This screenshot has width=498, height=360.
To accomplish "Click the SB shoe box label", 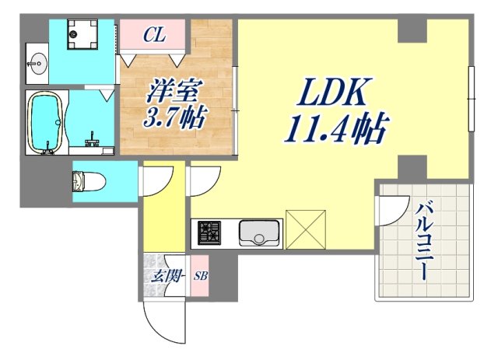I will tap(201, 276).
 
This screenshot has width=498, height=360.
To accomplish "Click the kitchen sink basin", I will tap(259, 232).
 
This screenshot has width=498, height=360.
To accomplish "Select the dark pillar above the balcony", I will tap(412, 166).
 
